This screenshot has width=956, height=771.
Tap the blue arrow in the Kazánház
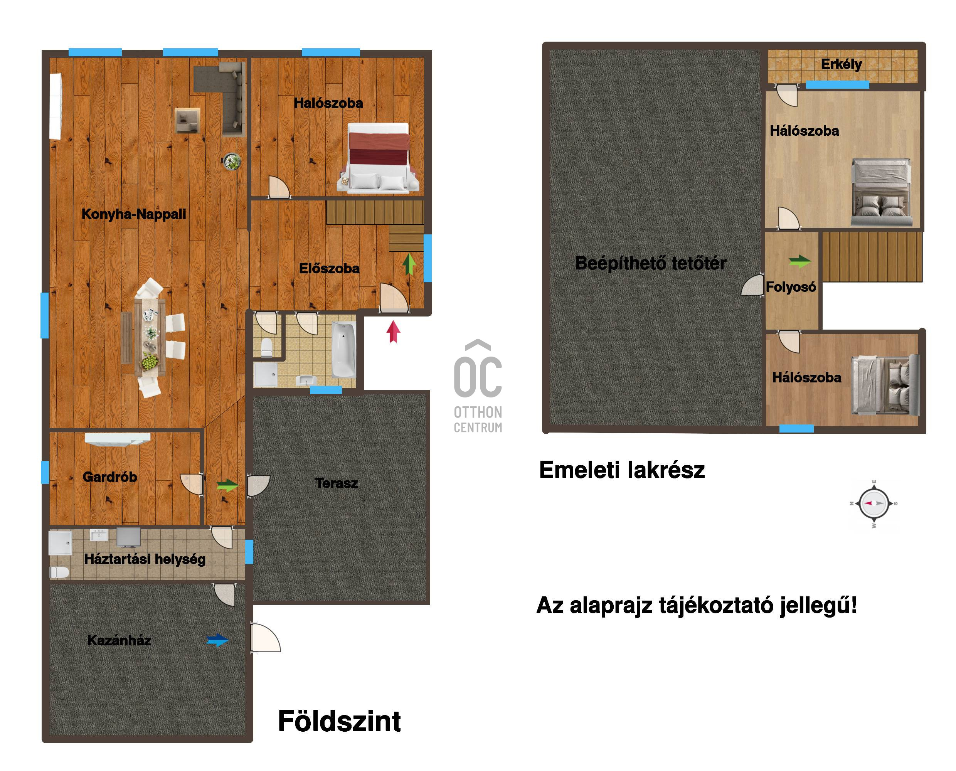click(x=217, y=640)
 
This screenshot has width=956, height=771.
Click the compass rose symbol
click(x=874, y=503)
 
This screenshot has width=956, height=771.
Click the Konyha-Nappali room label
click(x=134, y=214)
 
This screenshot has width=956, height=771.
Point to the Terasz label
click(x=336, y=483)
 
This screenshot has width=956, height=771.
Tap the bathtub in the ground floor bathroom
click(x=344, y=350)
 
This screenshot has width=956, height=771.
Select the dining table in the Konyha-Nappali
click(x=150, y=338)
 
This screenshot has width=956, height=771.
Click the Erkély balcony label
click(x=841, y=64)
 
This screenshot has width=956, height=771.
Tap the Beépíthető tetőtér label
click(x=651, y=263)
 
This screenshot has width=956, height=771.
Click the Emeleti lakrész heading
click(x=622, y=470)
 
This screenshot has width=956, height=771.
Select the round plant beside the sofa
click(x=231, y=161)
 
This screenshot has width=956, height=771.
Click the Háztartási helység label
click(x=145, y=559)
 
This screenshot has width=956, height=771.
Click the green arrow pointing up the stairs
click(x=409, y=264)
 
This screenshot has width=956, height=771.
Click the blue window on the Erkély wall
click(x=837, y=85)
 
